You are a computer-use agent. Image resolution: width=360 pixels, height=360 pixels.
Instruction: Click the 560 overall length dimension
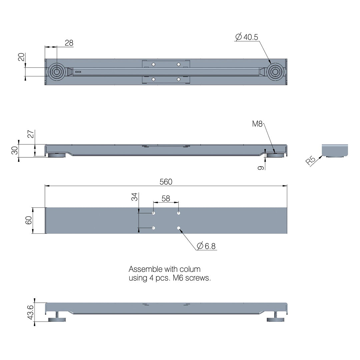(x=166, y=182)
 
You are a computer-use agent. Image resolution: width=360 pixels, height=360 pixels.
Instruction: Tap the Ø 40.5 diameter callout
(x=247, y=37)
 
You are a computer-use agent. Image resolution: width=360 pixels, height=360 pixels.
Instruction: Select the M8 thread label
(x=257, y=124)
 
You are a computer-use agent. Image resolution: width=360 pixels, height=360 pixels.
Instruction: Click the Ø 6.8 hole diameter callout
(x=206, y=246)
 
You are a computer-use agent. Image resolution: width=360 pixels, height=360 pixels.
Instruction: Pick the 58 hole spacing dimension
(x=166, y=198)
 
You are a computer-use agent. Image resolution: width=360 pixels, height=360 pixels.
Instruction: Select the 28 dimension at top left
(x=69, y=43)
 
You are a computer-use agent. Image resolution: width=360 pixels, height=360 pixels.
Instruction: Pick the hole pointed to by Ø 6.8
(x=179, y=228)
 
